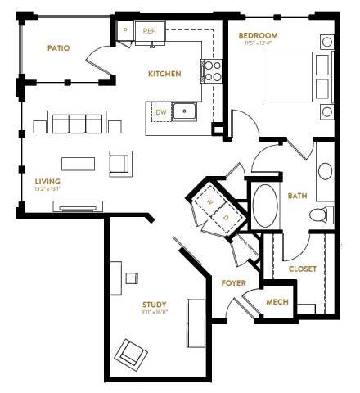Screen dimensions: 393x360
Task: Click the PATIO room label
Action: point(58,48)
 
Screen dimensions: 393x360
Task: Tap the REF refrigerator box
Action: point(149,31)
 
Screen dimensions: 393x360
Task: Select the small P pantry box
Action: point(125,30)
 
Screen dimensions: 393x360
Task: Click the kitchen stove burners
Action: point(210,70)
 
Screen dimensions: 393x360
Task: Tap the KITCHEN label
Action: point(164,74)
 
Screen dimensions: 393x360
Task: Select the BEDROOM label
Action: point(258,36)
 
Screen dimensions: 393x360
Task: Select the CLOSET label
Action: point(302,269)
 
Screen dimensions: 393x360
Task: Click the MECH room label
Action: point(278,300)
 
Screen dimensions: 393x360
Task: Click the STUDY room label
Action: point(154,305)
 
